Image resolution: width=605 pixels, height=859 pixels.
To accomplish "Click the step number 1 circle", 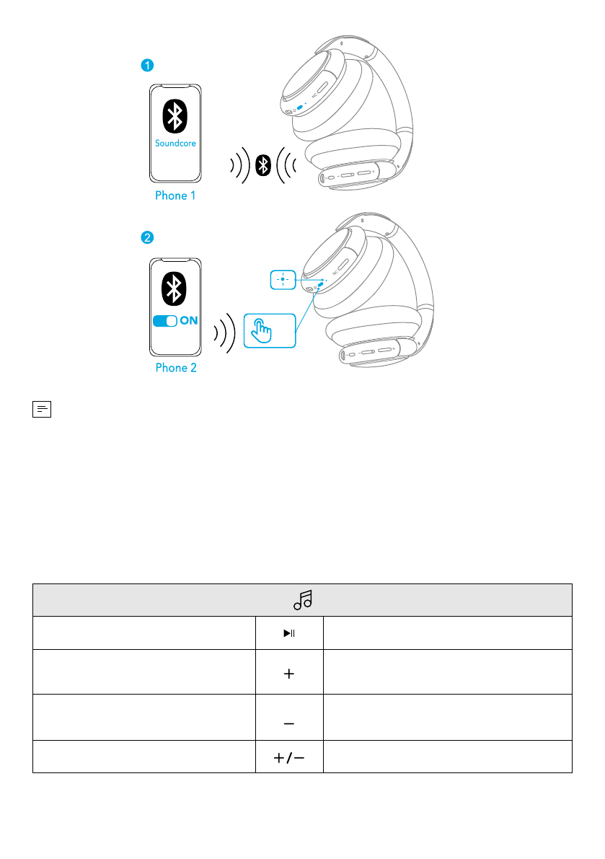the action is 146,66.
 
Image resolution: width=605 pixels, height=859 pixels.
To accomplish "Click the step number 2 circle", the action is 146,237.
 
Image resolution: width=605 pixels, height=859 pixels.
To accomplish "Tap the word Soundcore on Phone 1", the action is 175,143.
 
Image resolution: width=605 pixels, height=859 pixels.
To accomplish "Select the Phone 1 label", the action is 175,195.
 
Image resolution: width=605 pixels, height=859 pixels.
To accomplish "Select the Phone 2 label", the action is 175,368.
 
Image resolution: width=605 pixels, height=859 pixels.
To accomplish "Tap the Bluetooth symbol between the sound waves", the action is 265,166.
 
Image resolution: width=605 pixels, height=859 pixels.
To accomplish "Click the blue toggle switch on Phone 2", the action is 165,321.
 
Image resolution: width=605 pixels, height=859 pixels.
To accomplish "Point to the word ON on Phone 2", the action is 188,321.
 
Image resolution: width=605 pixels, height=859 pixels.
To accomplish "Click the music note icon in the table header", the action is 304,599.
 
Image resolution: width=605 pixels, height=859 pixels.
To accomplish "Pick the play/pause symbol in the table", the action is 289,634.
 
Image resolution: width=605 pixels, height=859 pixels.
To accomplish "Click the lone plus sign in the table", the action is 289,674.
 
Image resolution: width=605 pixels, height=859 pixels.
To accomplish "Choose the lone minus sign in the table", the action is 289,723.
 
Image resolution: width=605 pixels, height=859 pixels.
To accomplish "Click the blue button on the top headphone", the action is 299,106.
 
